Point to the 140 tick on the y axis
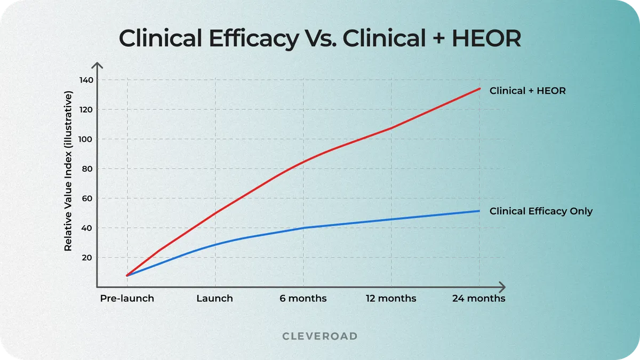pos(86,80)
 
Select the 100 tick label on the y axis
pos(86,139)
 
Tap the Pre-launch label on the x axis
pos(127,298)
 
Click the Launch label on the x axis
pos(214,298)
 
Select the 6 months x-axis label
pos(303,298)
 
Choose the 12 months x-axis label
pos(391,298)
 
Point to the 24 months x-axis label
pos(478,298)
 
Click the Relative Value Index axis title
pos(68,171)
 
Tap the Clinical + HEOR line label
pos(527,91)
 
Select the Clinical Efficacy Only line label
pos(541,211)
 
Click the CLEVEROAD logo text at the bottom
pos(319,336)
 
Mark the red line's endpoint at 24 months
pos(479,89)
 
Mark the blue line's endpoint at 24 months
pos(479,211)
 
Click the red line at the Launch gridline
pos(215,213)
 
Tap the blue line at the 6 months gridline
pos(303,228)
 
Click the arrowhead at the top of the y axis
pos(97,66)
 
